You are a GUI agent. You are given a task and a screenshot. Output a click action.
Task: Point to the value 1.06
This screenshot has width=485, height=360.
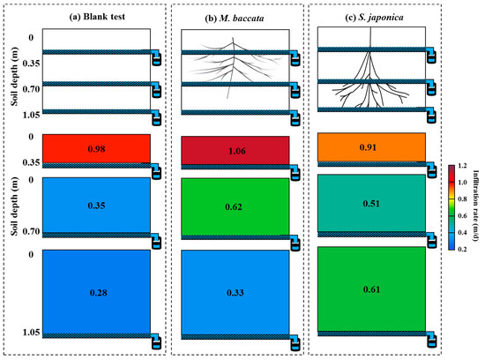[235, 150]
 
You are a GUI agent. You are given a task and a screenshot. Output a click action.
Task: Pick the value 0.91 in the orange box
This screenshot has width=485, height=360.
[370, 148]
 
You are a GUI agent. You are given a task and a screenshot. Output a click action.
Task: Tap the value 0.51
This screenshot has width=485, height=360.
[370, 206]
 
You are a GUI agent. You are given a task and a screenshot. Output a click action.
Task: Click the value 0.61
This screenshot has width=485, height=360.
[370, 289]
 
